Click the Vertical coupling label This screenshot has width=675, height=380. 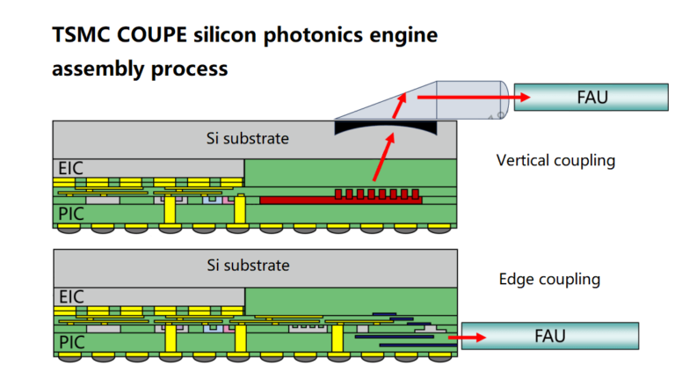(555, 160)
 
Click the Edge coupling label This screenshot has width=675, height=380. (549, 279)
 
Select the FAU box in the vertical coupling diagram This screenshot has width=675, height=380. (592, 96)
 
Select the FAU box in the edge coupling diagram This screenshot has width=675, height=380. (549, 335)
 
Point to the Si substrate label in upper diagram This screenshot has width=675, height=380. (247, 138)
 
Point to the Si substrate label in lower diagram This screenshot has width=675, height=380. (247, 265)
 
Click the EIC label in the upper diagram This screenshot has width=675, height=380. (69, 166)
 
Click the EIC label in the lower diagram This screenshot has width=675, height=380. (69, 296)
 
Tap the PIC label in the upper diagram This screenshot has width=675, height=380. (69, 214)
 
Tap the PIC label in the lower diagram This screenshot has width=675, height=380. (69, 340)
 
